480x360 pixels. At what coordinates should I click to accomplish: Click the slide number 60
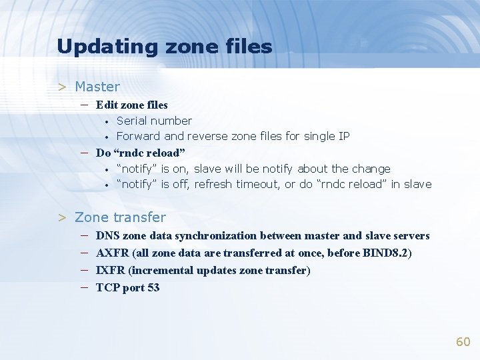coord(463,342)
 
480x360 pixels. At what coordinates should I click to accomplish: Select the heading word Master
coord(97,87)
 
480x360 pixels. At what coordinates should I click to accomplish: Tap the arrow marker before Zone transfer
coord(62,217)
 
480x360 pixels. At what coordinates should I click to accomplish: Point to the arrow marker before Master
coord(62,87)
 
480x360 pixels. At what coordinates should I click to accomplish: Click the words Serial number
coord(154,121)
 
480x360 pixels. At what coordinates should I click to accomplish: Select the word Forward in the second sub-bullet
coord(138,136)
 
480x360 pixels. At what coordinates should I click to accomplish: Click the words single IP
coord(327,136)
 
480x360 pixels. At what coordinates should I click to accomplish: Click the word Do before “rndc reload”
coord(103,153)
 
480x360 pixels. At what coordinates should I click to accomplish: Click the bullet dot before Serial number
coord(106,121)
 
